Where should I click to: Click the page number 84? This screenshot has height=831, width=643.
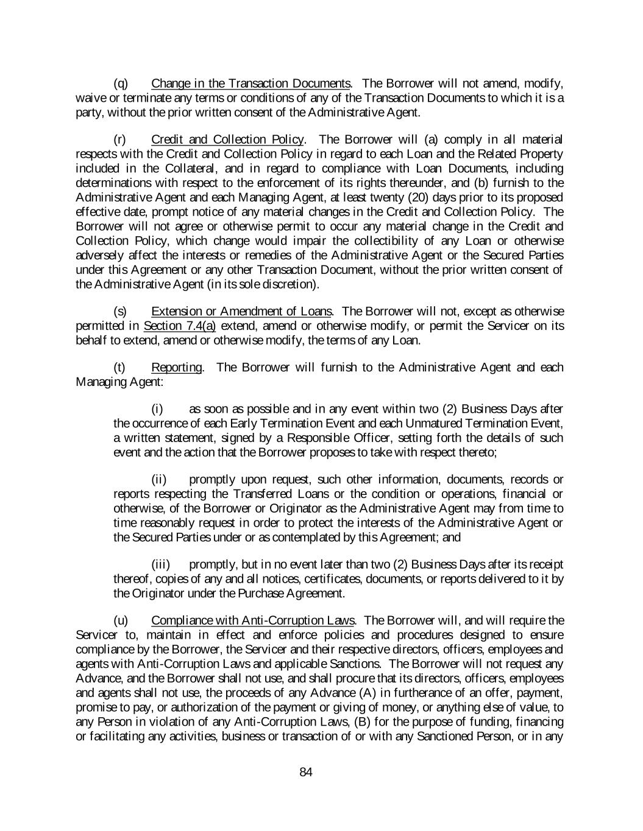coord(306,773)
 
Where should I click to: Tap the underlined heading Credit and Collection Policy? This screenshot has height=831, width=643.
coord(227,139)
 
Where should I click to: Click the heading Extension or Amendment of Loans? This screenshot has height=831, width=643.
coord(241,311)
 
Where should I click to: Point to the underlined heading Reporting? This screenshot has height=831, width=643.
coord(176,367)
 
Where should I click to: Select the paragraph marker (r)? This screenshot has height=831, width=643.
coord(121,139)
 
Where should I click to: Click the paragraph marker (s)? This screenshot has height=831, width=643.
coord(121,311)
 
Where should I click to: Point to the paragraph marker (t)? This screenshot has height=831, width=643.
coord(120,367)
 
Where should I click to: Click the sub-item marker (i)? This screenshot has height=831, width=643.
coord(157,409)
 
